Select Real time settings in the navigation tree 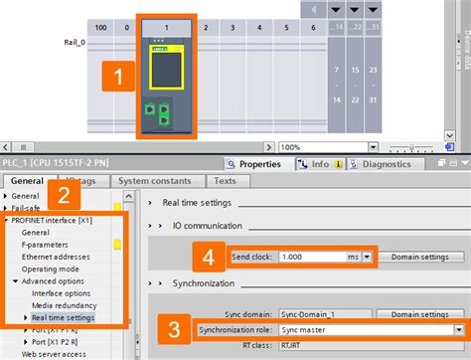[x=64, y=317]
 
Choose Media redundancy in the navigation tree [x=65, y=305]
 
